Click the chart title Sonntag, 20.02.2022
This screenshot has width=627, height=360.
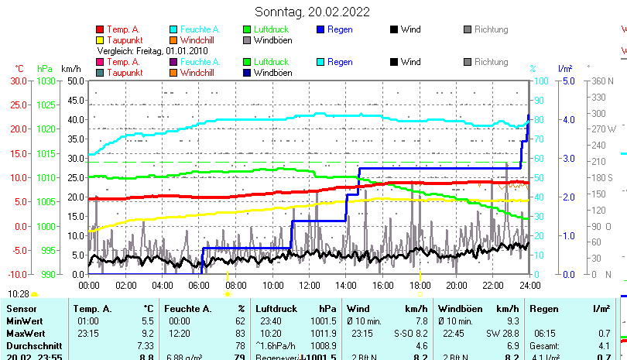tap(312, 12)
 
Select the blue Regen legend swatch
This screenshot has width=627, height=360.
tap(322, 29)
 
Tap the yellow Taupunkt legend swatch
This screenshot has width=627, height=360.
tap(100, 39)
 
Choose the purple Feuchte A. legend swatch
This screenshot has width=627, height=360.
tap(173, 62)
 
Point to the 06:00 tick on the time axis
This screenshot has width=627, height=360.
tap(199, 285)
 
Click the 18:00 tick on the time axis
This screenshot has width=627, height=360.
tap(420, 285)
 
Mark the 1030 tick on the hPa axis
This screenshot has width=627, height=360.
tap(46, 81)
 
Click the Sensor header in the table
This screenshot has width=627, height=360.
tap(21, 309)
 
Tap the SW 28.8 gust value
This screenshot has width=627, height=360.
tap(502, 333)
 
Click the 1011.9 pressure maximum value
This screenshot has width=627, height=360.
tap(326, 333)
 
